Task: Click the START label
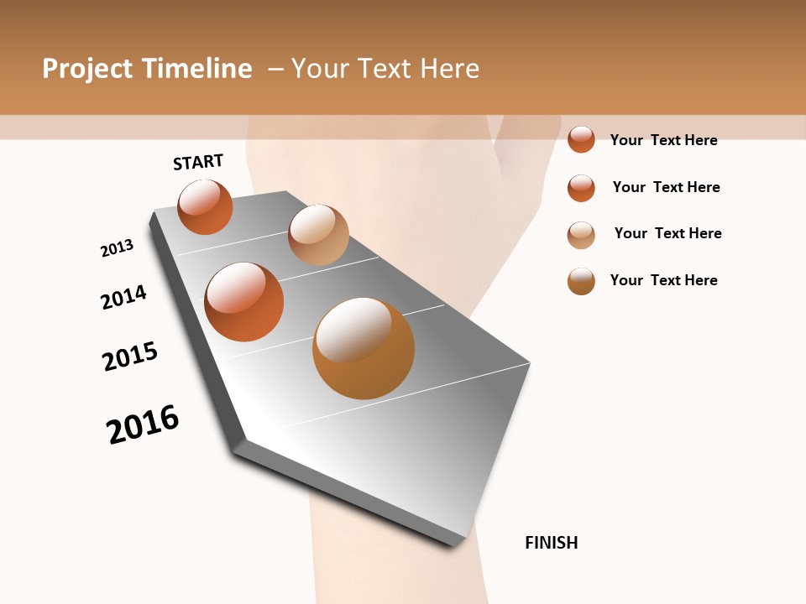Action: coord(198,162)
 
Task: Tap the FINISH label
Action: coord(551,543)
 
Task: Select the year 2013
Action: coord(117,248)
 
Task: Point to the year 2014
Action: coord(123,297)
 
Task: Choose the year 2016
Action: coord(143,424)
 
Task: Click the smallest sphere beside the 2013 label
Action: coord(205,206)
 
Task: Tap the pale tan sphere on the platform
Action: coord(318,235)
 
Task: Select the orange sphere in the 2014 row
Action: coord(243,301)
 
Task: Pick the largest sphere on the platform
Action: coord(364,348)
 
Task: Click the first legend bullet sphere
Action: coord(581,139)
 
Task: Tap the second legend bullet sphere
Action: coord(581,187)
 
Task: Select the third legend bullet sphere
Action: coord(581,234)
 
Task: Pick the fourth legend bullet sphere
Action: coord(581,281)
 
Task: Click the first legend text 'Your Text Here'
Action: coord(663,140)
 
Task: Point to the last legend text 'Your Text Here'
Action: coord(663,280)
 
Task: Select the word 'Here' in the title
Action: coord(449,69)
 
